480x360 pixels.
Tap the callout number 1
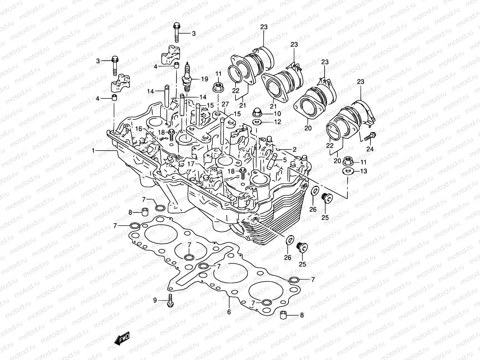94,151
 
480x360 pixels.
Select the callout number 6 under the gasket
229,312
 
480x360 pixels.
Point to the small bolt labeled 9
170,301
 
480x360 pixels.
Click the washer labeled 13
347,171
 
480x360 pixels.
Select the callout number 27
225,104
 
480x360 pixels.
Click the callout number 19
205,79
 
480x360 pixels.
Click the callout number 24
370,149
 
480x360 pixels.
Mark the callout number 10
277,114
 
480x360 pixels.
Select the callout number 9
155,300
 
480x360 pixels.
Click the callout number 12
277,122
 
